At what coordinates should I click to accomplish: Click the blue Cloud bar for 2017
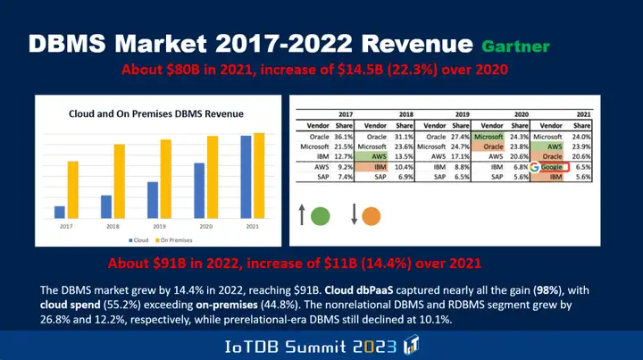[x=60, y=212]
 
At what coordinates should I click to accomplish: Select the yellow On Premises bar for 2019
[x=165, y=179]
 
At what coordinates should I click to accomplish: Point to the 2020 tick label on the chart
[x=206, y=228]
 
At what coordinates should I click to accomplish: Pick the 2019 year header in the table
[x=463, y=114]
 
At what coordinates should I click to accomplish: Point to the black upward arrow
[x=302, y=215]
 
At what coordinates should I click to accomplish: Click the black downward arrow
[x=354, y=215]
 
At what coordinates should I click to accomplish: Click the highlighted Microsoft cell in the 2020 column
[x=489, y=136]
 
